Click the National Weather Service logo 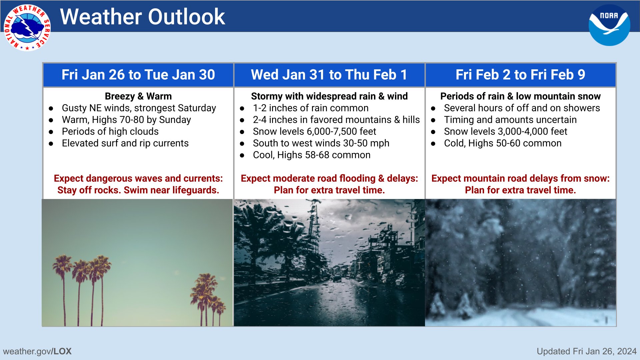(x=27, y=28)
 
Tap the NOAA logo (x=609, y=25)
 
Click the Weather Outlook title (x=143, y=17)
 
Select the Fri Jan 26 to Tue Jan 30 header (x=138, y=75)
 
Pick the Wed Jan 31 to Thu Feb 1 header (x=329, y=75)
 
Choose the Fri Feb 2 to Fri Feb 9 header (x=520, y=75)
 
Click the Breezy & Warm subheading (x=138, y=96)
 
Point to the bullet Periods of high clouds (x=110, y=131)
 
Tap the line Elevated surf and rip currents (x=125, y=143)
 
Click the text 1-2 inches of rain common (x=311, y=108)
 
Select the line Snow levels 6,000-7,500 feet (x=314, y=131)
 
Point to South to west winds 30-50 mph (x=321, y=143)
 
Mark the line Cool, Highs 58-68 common (x=312, y=155)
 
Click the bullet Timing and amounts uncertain (x=510, y=120)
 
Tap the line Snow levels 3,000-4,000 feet (x=505, y=131)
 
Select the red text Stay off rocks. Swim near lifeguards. (x=138, y=190)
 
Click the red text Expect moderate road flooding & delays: (x=329, y=178)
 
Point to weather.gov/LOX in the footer (x=37, y=351)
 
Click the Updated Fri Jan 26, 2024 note (x=587, y=351)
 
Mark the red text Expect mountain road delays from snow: (x=520, y=178)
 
